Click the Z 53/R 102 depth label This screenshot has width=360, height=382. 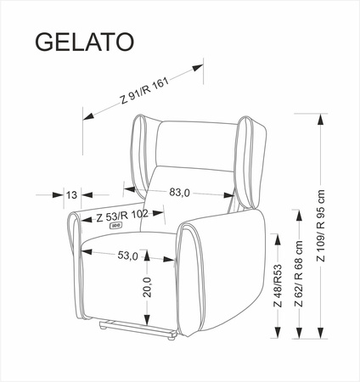pos(122,216)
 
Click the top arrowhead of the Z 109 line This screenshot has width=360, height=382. pos(321,119)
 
